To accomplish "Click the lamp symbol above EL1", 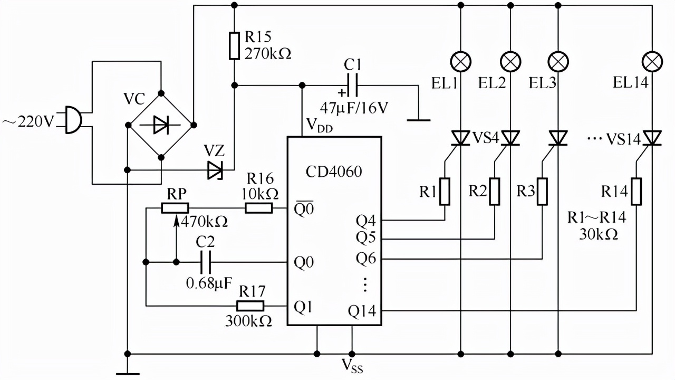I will click(461, 62).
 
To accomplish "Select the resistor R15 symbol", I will click(235, 45).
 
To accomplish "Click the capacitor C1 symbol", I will click(352, 84).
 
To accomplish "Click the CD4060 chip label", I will click(334, 173).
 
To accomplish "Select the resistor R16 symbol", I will click(259, 209).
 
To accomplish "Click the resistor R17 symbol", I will click(250, 306).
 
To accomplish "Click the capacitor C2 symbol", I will click(206, 262).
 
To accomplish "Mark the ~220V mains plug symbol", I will click(73, 120).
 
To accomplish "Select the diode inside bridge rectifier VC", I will click(161, 125).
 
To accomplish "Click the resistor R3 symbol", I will click(543, 191).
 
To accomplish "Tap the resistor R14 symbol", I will click(637, 191).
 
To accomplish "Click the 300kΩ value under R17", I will click(248, 320).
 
